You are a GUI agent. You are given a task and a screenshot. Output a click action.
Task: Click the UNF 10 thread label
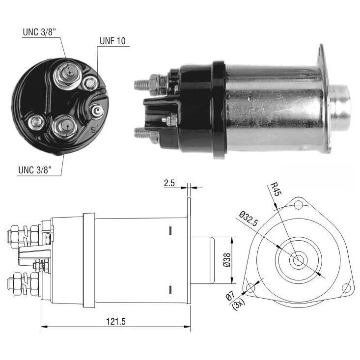tap(112, 41)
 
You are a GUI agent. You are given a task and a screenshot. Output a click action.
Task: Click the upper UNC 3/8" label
tap(39, 32)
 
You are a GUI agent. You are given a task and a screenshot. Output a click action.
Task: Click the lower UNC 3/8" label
tap(35, 170)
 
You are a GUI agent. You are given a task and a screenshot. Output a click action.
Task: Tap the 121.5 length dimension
tap(116, 322)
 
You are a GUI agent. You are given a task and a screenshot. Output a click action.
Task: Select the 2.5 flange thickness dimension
tap(169, 183)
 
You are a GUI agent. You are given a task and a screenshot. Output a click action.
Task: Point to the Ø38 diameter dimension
tap(227, 260)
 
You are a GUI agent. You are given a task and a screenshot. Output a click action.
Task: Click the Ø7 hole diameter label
tap(230, 296)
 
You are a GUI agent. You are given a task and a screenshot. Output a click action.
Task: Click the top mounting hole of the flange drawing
tap(299, 205)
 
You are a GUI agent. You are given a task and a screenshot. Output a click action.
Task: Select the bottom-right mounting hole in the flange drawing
tap(346, 288)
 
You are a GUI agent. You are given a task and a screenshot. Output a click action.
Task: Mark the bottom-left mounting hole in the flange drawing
tap(250, 288)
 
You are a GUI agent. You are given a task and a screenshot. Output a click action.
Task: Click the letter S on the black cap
tap(94, 130)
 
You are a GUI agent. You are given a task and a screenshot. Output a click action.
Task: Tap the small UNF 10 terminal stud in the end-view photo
tap(97, 111)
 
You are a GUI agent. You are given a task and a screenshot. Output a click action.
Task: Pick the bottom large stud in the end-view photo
tap(64, 127)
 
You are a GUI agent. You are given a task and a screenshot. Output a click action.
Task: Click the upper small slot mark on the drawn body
tap(170, 231)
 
